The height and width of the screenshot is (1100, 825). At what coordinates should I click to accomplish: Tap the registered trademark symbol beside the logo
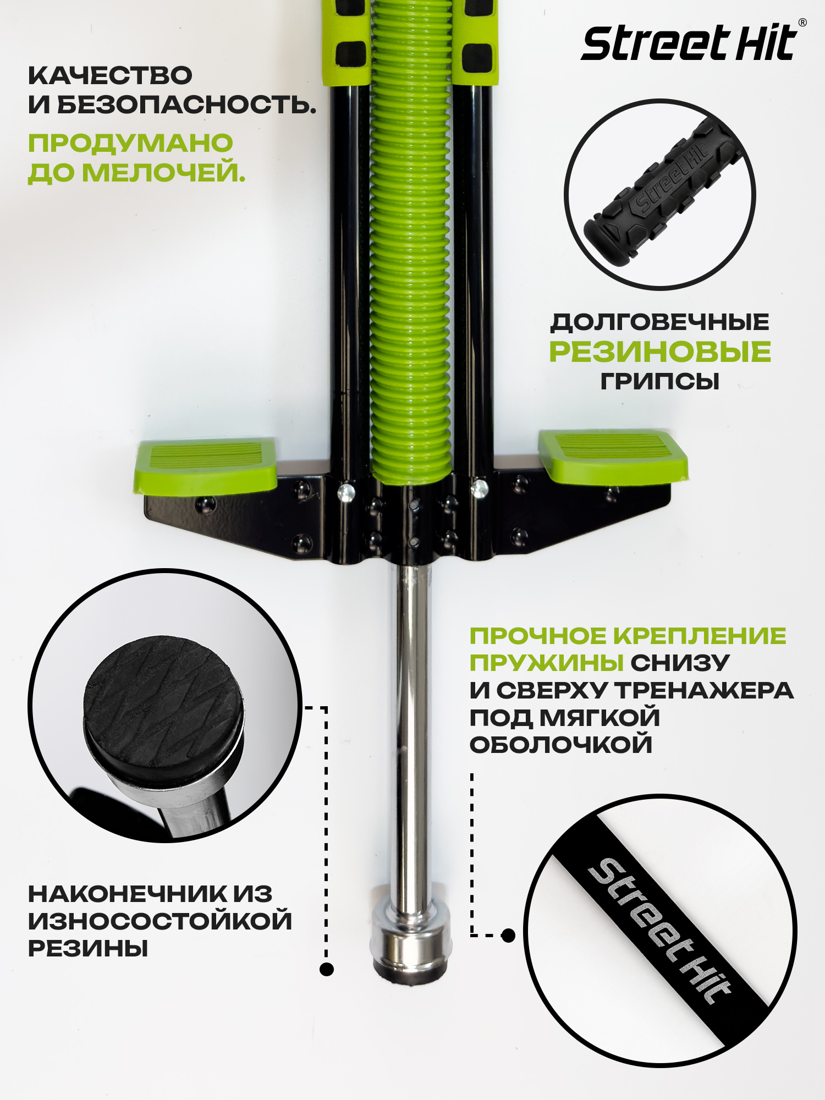pyautogui.click(x=802, y=23)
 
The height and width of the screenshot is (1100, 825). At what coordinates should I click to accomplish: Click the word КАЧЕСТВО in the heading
pyautogui.click(x=110, y=75)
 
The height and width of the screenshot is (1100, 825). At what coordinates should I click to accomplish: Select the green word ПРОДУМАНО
pyautogui.click(x=130, y=143)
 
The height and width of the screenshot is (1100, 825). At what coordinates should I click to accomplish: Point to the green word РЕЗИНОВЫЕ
pyautogui.click(x=660, y=352)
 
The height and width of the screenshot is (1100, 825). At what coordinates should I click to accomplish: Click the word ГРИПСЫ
pyautogui.click(x=660, y=381)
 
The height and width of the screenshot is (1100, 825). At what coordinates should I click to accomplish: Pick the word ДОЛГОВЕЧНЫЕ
pyautogui.click(x=660, y=322)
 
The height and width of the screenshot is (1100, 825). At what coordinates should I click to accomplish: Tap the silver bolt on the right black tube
pyautogui.click(x=480, y=488)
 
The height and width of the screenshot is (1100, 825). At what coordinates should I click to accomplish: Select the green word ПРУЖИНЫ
pyautogui.click(x=546, y=663)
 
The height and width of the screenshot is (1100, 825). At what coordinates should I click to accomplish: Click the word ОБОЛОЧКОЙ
pyautogui.click(x=561, y=745)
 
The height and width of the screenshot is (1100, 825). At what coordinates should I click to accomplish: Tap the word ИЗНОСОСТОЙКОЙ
pyautogui.click(x=160, y=921)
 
